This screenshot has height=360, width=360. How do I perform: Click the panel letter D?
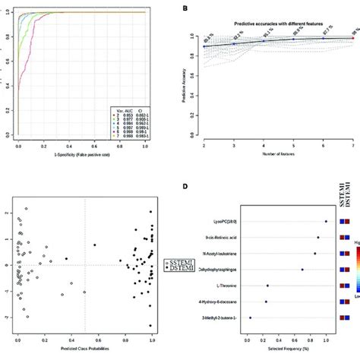[186, 182]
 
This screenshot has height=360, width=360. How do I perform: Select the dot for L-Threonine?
[267, 286]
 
